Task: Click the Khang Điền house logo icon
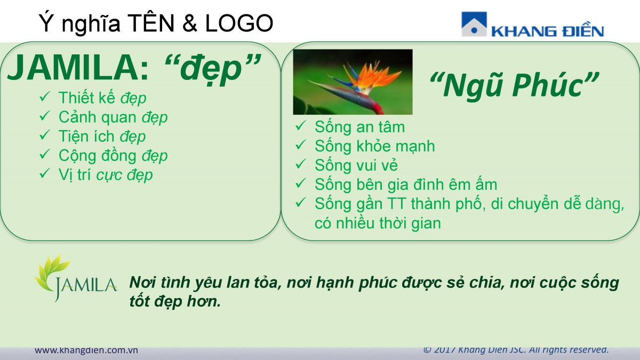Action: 474,24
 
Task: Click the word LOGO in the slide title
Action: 239,23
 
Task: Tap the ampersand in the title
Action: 190,23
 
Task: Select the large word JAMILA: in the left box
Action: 78,68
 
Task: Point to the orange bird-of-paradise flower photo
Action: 353,82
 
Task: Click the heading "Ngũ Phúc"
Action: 514,85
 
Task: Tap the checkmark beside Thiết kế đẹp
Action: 45,97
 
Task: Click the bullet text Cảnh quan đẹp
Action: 113,117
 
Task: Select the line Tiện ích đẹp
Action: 102,137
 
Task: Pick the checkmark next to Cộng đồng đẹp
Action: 45,155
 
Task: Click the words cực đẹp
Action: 125,175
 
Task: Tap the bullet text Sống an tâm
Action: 359,127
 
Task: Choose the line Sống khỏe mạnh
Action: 374,146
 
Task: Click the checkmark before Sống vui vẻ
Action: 301,164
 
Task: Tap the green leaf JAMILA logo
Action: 76,278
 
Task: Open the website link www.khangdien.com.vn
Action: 86,350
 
